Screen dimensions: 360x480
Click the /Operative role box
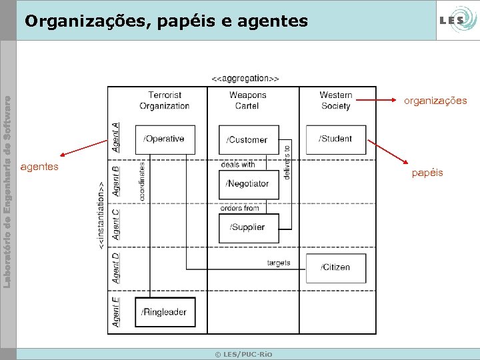(x=165, y=139)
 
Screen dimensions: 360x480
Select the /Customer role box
(x=249, y=139)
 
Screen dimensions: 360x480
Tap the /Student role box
(x=335, y=139)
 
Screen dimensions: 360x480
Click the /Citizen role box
(x=335, y=267)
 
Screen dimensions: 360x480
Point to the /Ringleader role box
(x=165, y=312)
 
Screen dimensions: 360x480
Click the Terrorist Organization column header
(x=165, y=101)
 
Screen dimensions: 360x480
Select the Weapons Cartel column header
(x=247, y=101)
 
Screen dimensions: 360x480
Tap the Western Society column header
(x=335, y=101)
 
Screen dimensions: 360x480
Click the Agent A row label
(x=116, y=136)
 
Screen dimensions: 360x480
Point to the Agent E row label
(x=116, y=311)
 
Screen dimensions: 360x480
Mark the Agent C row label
(x=116, y=224)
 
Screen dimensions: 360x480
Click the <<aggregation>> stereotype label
(x=245, y=79)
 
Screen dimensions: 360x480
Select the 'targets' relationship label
(x=279, y=263)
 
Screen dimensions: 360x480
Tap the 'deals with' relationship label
(x=238, y=164)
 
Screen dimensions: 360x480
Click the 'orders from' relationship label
(x=239, y=208)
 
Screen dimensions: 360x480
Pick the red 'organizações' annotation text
(x=435, y=101)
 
